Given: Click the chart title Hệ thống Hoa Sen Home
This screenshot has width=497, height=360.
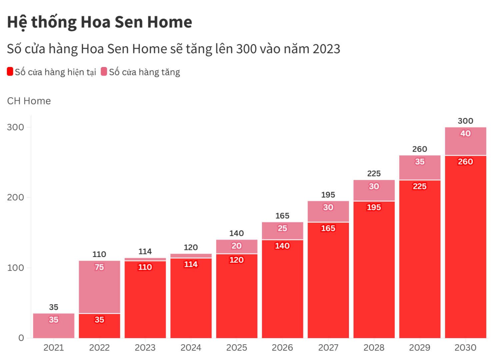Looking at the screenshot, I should coord(99,22).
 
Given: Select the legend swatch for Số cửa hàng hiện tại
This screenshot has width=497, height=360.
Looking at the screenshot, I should coord(10,72).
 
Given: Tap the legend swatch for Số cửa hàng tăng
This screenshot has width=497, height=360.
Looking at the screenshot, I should coord(104,72).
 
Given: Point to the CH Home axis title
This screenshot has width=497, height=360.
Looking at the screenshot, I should coord(29,101).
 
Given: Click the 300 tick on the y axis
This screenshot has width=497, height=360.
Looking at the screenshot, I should coord(15,127).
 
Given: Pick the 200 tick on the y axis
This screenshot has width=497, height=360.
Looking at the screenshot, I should coord(15,197).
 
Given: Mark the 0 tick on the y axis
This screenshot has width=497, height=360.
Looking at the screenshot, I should coord(21,338).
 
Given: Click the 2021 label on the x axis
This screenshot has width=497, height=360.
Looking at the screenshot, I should coord(54,348).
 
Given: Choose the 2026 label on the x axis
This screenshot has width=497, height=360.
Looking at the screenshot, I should coord(282,348).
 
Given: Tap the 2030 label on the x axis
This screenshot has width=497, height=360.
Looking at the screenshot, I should coord(465,348).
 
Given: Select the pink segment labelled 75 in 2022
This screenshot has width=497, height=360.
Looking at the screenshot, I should coord(99,287).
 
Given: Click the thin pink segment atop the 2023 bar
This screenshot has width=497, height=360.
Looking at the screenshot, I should coord(145,259).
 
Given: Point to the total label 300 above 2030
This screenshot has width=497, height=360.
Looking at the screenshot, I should coord(465,121).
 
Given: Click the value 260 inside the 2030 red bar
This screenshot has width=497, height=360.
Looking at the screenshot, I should coord(465,162).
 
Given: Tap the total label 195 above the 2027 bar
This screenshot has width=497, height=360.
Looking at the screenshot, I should coord(328,195).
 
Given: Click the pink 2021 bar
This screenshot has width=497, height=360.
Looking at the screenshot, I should coord(54,326).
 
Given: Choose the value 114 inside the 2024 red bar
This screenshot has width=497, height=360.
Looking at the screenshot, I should coord(191,264).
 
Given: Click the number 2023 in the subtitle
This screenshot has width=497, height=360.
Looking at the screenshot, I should coord(326,49).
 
